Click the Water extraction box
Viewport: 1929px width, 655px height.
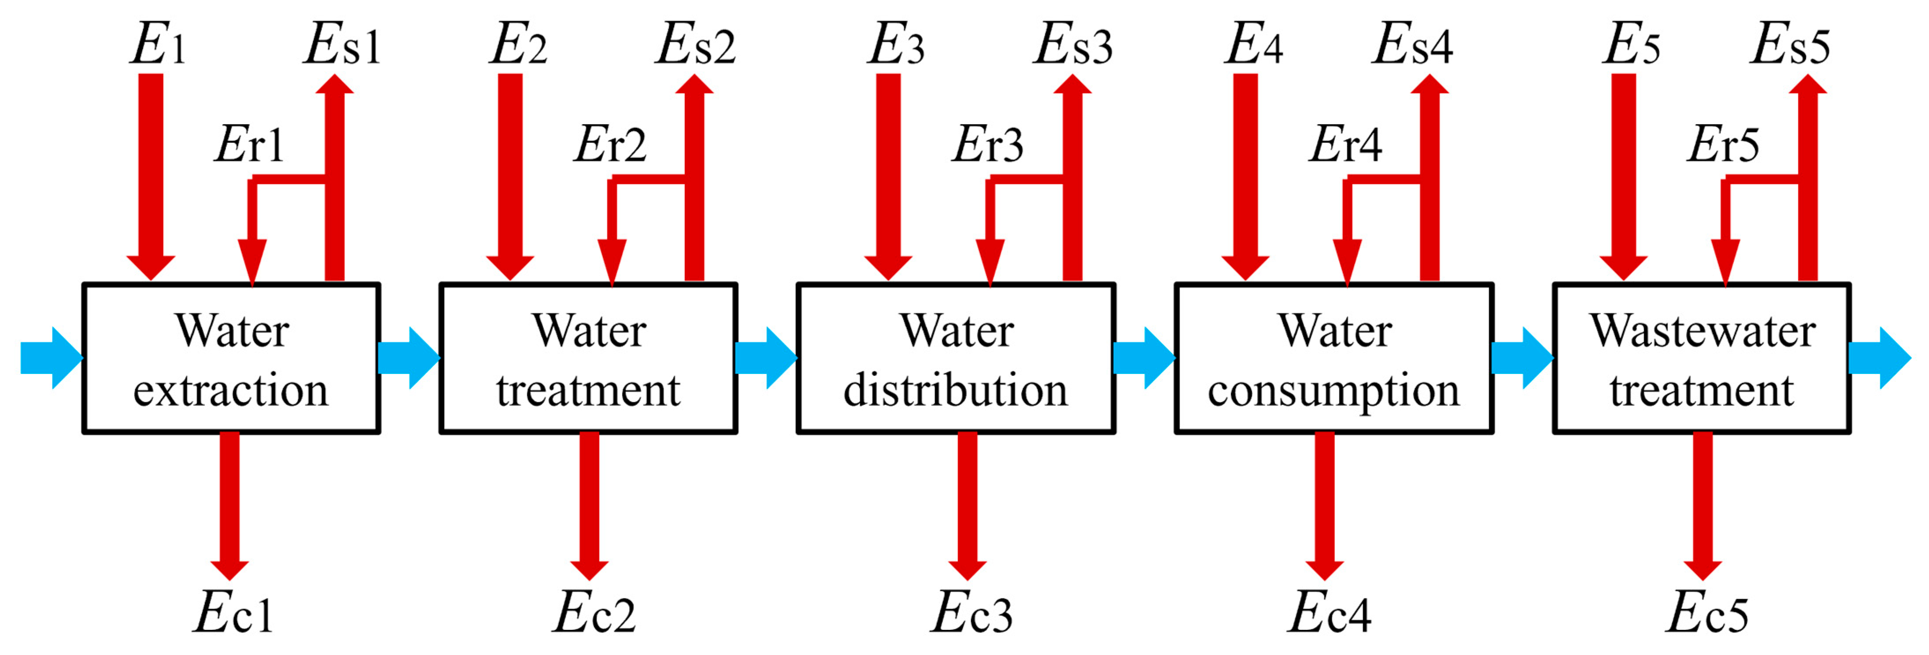[x=231, y=358]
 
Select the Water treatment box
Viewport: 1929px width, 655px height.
[x=588, y=358]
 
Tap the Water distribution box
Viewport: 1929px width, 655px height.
[x=956, y=358]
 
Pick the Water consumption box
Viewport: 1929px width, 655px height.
[x=1334, y=358]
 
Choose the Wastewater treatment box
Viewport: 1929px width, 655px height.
[x=1701, y=358]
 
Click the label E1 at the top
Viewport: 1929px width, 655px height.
[x=157, y=45]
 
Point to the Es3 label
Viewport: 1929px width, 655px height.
[x=1072, y=45]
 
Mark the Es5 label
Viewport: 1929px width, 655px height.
[x=1790, y=45]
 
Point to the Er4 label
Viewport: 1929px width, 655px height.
[x=1345, y=144]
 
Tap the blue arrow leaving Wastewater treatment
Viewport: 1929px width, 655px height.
[x=1878, y=358]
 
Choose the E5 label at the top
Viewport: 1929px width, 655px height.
[x=1631, y=45]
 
